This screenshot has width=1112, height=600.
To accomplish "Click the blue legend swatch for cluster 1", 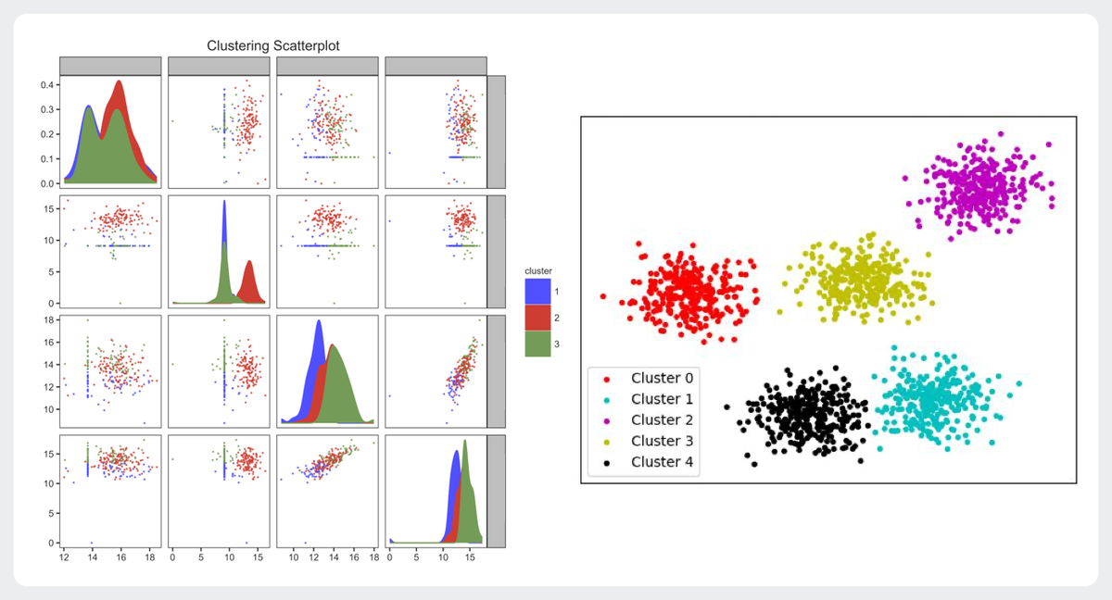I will [537, 292].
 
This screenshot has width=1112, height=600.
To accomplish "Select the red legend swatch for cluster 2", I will [537, 318].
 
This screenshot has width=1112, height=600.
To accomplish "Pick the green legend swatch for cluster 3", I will [537, 344].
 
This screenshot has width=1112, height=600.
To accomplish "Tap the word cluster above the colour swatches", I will [539, 270].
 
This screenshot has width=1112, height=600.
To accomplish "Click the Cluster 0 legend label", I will [662, 378].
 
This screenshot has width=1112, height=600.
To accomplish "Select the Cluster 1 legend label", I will [662, 399].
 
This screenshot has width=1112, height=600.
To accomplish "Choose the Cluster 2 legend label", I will [662, 420].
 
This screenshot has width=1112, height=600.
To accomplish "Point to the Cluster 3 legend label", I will [662, 442].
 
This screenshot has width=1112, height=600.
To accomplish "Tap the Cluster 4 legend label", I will [662, 462].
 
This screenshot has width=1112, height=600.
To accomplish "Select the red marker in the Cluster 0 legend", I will [606, 378].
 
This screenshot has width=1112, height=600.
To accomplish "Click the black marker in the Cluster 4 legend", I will [606, 462].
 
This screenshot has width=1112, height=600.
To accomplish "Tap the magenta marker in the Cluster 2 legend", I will [606, 420].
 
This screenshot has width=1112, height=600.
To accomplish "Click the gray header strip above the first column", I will [110, 65].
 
